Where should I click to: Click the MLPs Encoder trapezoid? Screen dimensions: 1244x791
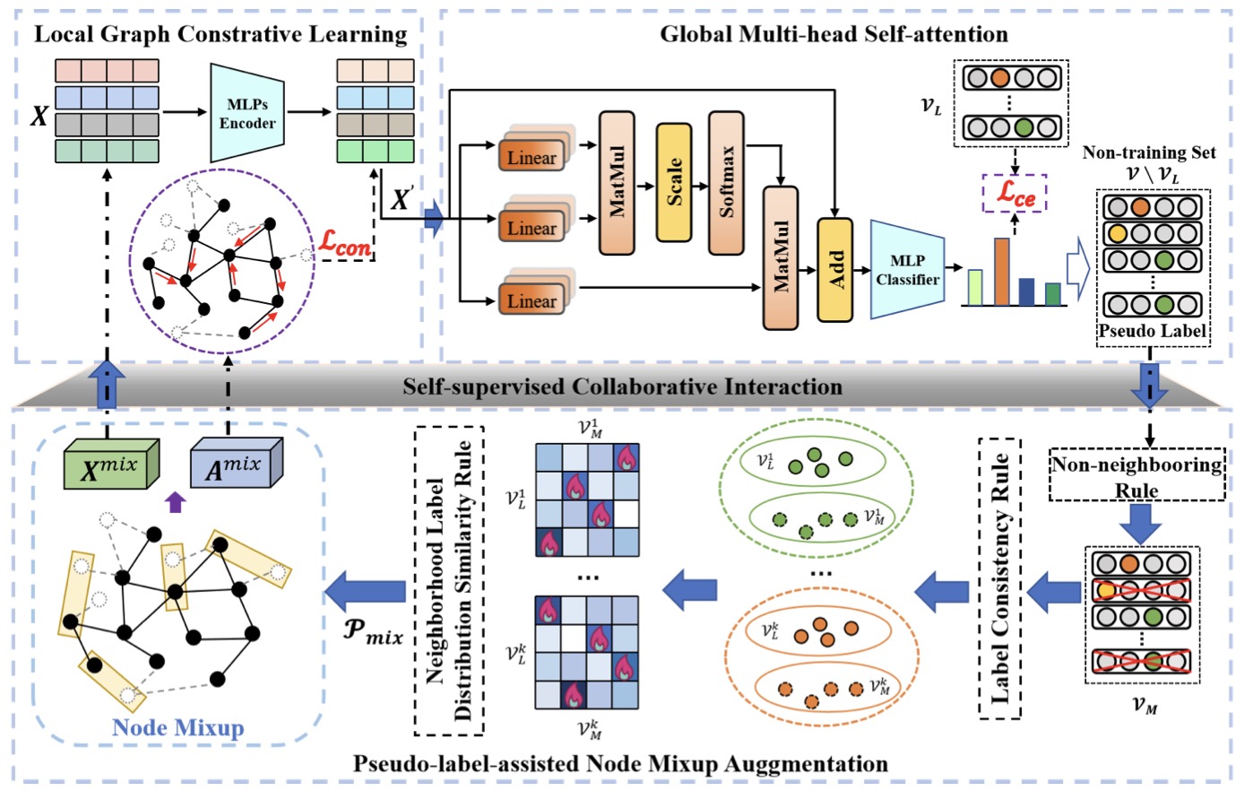247,113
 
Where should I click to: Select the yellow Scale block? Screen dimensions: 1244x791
674,182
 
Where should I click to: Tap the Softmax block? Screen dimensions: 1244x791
726,183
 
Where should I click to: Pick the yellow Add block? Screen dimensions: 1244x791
834,270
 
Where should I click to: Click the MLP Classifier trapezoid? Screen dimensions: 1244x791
907,270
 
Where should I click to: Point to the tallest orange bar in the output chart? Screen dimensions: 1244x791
1002,272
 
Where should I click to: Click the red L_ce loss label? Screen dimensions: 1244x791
1015,194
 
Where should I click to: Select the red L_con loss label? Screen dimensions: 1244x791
344,243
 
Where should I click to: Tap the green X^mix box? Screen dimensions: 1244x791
112,464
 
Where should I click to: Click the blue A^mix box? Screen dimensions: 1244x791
237,463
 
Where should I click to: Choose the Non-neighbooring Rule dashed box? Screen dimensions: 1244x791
1136,474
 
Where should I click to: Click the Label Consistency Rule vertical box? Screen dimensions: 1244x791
999,578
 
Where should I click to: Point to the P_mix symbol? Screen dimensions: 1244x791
373,632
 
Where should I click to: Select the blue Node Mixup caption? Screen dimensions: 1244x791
178,727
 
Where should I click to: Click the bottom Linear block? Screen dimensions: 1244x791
531,300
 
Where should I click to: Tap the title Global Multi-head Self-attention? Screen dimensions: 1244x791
834,34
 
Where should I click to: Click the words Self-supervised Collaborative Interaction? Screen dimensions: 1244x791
623,387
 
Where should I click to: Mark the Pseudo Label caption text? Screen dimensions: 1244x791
1153,331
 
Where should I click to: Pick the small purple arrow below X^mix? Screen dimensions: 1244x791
176,502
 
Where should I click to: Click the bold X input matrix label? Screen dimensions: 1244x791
39,117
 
